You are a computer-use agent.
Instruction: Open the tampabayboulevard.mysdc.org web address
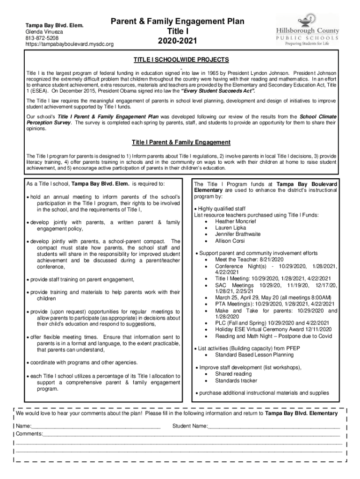[x=69, y=44]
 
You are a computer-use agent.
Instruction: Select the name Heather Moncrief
[x=235, y=221]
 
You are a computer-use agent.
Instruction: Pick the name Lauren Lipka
[x=230, y=228]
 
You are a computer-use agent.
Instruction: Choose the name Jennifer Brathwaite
[x=238, y=234]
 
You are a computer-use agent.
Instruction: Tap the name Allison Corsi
[x=230, y=241]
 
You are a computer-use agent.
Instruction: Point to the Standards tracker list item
[x=236, y=381]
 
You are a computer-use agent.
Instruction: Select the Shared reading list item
[x=233, y=374]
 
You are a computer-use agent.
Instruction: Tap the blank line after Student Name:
[x=274, y=427]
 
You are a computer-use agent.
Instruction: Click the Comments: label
[x=29, y=434]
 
